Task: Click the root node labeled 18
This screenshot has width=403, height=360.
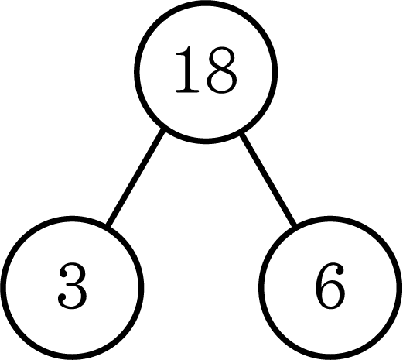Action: coord(206,72)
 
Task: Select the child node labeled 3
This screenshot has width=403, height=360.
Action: coord(72,288)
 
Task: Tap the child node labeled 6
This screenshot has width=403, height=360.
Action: coord(330,288)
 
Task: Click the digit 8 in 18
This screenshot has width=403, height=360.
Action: coord(221,70)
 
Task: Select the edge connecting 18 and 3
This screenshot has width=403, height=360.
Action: coord(135,178)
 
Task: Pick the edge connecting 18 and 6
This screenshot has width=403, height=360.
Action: coord(268,178)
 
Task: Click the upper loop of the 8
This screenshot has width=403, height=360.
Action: coord(221,57)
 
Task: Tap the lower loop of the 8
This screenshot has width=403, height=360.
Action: coord(221,81)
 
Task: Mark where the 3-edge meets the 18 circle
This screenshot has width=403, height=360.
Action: coord(162,131)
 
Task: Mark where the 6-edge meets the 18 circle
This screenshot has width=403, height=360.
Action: coord(241,134)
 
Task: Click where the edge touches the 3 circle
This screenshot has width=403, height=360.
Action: coord(108,225)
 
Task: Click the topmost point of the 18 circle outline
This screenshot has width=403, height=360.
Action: coord(206,2)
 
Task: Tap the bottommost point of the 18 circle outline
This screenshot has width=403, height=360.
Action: coord(206,141)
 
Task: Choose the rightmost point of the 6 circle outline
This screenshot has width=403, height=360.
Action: coord(400,288)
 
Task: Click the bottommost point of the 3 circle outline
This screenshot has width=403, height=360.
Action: coord(72,357)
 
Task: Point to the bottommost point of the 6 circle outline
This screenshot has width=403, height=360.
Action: coord(330,357)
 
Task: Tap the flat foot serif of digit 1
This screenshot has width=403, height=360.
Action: coord(187,91)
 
